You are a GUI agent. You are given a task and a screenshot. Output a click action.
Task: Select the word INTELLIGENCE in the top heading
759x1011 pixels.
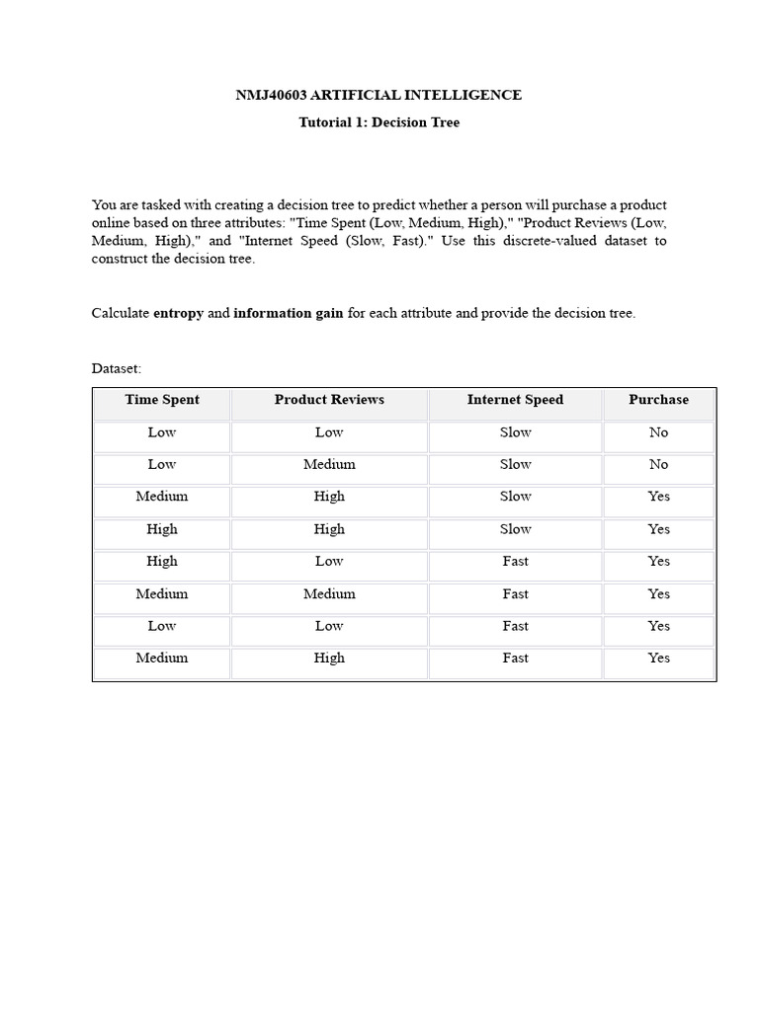tap(468, 96)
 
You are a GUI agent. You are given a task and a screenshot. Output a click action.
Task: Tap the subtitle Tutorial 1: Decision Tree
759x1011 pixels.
tap(379, 123)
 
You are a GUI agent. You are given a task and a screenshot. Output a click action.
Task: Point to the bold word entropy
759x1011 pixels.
tap(178, 313)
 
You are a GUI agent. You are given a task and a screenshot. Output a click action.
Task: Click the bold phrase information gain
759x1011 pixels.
tap(289, 313)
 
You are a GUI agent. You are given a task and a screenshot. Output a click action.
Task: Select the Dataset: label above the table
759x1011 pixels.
tap(117, 368)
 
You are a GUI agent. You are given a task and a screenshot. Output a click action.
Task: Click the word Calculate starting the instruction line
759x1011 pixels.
tap(121, 313)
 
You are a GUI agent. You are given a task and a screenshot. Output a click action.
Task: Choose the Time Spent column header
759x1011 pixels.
tap(162, 400)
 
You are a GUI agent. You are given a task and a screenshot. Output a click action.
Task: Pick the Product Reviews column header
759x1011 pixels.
tap(329, 400)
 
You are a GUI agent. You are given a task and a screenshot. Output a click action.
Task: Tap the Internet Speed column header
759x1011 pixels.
tap(515, 400)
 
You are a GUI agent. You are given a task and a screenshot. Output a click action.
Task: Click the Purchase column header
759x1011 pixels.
tap(658, 400)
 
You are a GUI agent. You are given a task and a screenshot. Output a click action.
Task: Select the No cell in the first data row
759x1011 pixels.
tap(658, 432)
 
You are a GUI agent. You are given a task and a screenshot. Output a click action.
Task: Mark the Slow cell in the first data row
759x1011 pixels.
tap(515, 432)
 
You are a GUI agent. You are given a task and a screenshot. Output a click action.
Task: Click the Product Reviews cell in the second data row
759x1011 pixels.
tap(329, 464)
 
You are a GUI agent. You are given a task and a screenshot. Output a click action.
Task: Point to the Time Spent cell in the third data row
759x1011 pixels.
tap(162, 497)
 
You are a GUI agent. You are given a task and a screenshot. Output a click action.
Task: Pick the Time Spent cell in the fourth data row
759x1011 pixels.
tap(162, 529)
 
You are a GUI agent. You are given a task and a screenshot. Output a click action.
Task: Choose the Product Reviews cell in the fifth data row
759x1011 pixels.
tap(329, 561)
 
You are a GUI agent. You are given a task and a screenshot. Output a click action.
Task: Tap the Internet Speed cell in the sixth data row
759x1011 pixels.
tap(515, 593)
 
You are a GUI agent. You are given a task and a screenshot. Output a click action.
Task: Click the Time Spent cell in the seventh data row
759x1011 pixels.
tap(162, 626)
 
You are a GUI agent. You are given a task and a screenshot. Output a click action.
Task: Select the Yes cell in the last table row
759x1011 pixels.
tap(658, 658)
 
